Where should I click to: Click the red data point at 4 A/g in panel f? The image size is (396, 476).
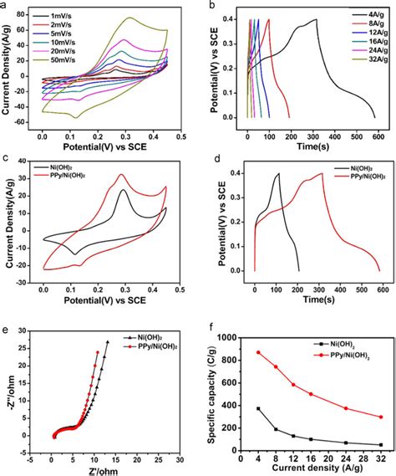(258, 352)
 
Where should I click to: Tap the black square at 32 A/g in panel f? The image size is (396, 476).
(381, 445)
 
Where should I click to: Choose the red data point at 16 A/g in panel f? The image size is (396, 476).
(311, 394)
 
